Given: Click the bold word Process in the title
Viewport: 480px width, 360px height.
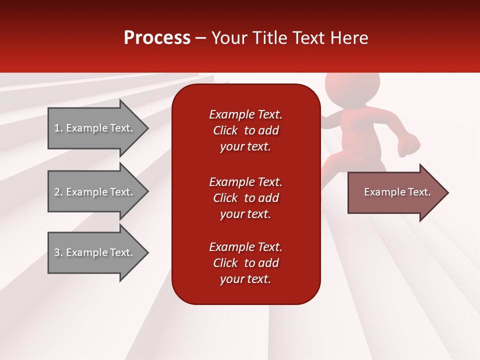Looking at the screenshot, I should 157,38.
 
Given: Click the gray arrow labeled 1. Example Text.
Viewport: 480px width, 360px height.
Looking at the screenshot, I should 94,128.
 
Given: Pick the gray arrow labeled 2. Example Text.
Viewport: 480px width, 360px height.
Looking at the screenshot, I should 94,192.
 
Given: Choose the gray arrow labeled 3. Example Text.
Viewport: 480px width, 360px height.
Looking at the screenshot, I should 94,252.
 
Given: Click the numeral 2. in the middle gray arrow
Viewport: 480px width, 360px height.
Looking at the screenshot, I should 58,192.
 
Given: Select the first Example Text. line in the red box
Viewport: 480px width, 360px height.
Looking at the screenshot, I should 245,114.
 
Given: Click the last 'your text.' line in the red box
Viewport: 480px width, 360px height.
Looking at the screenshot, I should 245,279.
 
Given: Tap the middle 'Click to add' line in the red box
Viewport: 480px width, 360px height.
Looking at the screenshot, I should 245,198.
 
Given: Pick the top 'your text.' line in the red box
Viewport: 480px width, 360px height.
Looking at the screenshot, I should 245,146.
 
